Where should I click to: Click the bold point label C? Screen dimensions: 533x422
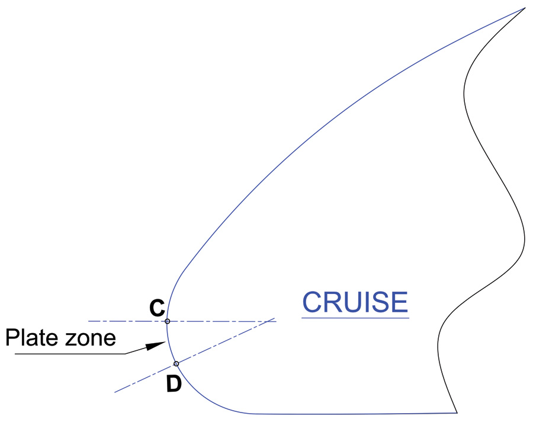[x=157, y=308]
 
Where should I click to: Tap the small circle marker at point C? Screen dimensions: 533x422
[x=167, y=321]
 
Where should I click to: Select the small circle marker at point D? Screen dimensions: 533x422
[x=176, y=364]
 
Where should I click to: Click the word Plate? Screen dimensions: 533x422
[x=31, y=338]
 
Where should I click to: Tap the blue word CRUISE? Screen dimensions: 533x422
[x=355, y=302]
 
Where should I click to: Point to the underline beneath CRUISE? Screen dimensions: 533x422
[x=355, y=318]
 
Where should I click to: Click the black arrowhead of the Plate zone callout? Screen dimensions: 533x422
[x=155, y=346]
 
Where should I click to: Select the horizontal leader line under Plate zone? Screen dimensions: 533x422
[x=70, y=354]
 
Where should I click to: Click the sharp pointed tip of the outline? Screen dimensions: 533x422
[x=525, y=8]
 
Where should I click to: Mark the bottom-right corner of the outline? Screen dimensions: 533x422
[x=457, y=413]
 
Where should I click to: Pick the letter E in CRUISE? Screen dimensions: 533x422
[x=399, y=302]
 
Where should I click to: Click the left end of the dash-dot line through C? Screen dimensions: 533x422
[x=89, y=321]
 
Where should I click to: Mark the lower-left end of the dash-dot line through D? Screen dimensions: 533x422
[x=115, y=392]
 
